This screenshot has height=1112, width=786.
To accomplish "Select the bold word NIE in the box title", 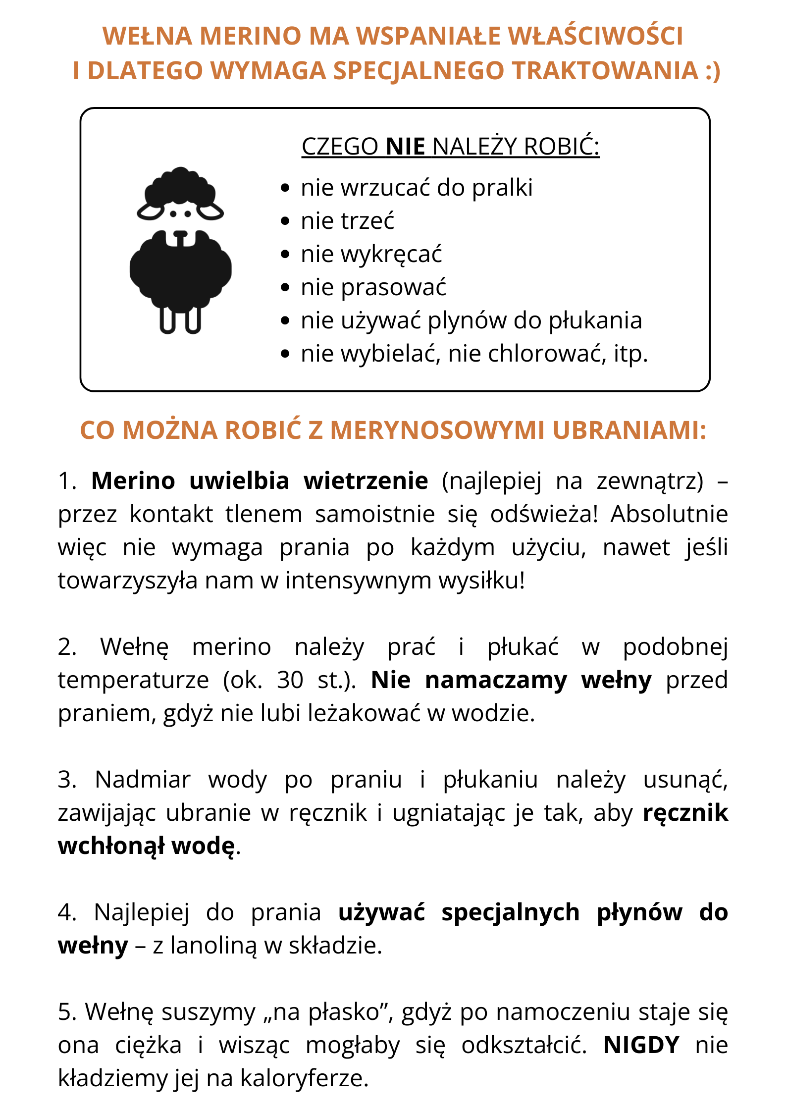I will click(405, 147).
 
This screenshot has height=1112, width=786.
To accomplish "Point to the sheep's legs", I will click(180, 320).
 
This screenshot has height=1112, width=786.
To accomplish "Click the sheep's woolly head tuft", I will click(180, 185).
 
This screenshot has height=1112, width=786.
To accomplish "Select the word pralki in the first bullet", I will click(502, 188).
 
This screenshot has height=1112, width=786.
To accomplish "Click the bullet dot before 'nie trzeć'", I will click(285, 221).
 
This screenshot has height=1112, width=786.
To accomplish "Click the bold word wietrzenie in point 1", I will click(366, 481).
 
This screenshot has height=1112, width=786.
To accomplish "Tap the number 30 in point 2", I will click(290, 680).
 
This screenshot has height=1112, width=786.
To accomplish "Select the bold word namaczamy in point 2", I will click(496, 680).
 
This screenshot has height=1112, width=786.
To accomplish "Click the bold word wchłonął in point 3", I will click(111, 846).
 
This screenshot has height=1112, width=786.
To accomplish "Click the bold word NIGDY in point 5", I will click(641, 1046).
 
